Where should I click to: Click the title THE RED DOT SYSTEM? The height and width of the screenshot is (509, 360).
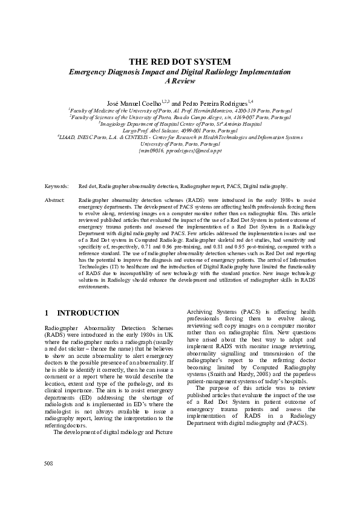(x=180, y=62)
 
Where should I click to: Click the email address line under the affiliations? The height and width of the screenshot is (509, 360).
(x=180, y=151)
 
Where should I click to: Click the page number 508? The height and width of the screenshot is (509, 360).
(x=49, y=463)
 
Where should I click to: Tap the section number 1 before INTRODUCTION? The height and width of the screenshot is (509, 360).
(x=47, y=313)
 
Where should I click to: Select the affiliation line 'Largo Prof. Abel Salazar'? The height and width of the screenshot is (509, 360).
(x=180, y=131)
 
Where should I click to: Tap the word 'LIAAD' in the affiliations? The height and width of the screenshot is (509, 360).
(x=68, y=138)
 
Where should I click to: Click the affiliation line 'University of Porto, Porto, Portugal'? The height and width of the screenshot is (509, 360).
(x=180, y=144)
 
